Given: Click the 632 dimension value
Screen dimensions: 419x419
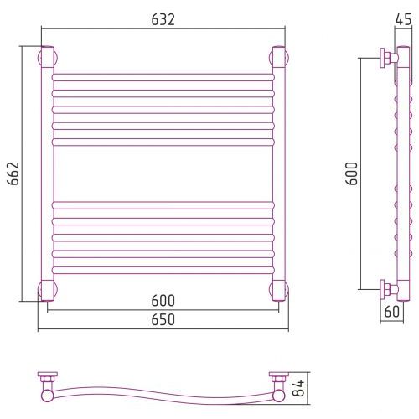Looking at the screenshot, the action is click(x=163, y=19).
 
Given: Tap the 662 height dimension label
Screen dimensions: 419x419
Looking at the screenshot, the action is click(x=13, y=173).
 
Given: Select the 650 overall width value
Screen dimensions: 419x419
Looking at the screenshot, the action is click(x=163, y=319).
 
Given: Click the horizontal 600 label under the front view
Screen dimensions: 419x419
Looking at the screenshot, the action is click(x=163, y=301).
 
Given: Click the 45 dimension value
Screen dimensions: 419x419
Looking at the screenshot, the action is click(x=404, y=19).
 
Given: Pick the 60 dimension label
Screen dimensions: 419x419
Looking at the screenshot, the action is click(x=392, y=312).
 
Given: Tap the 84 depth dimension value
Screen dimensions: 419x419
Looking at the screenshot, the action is click(x=299, y=388).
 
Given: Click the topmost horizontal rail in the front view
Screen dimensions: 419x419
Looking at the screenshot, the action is click(x=163, y=77).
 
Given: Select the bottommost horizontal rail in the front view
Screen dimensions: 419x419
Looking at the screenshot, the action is click(x=163, y=270).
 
